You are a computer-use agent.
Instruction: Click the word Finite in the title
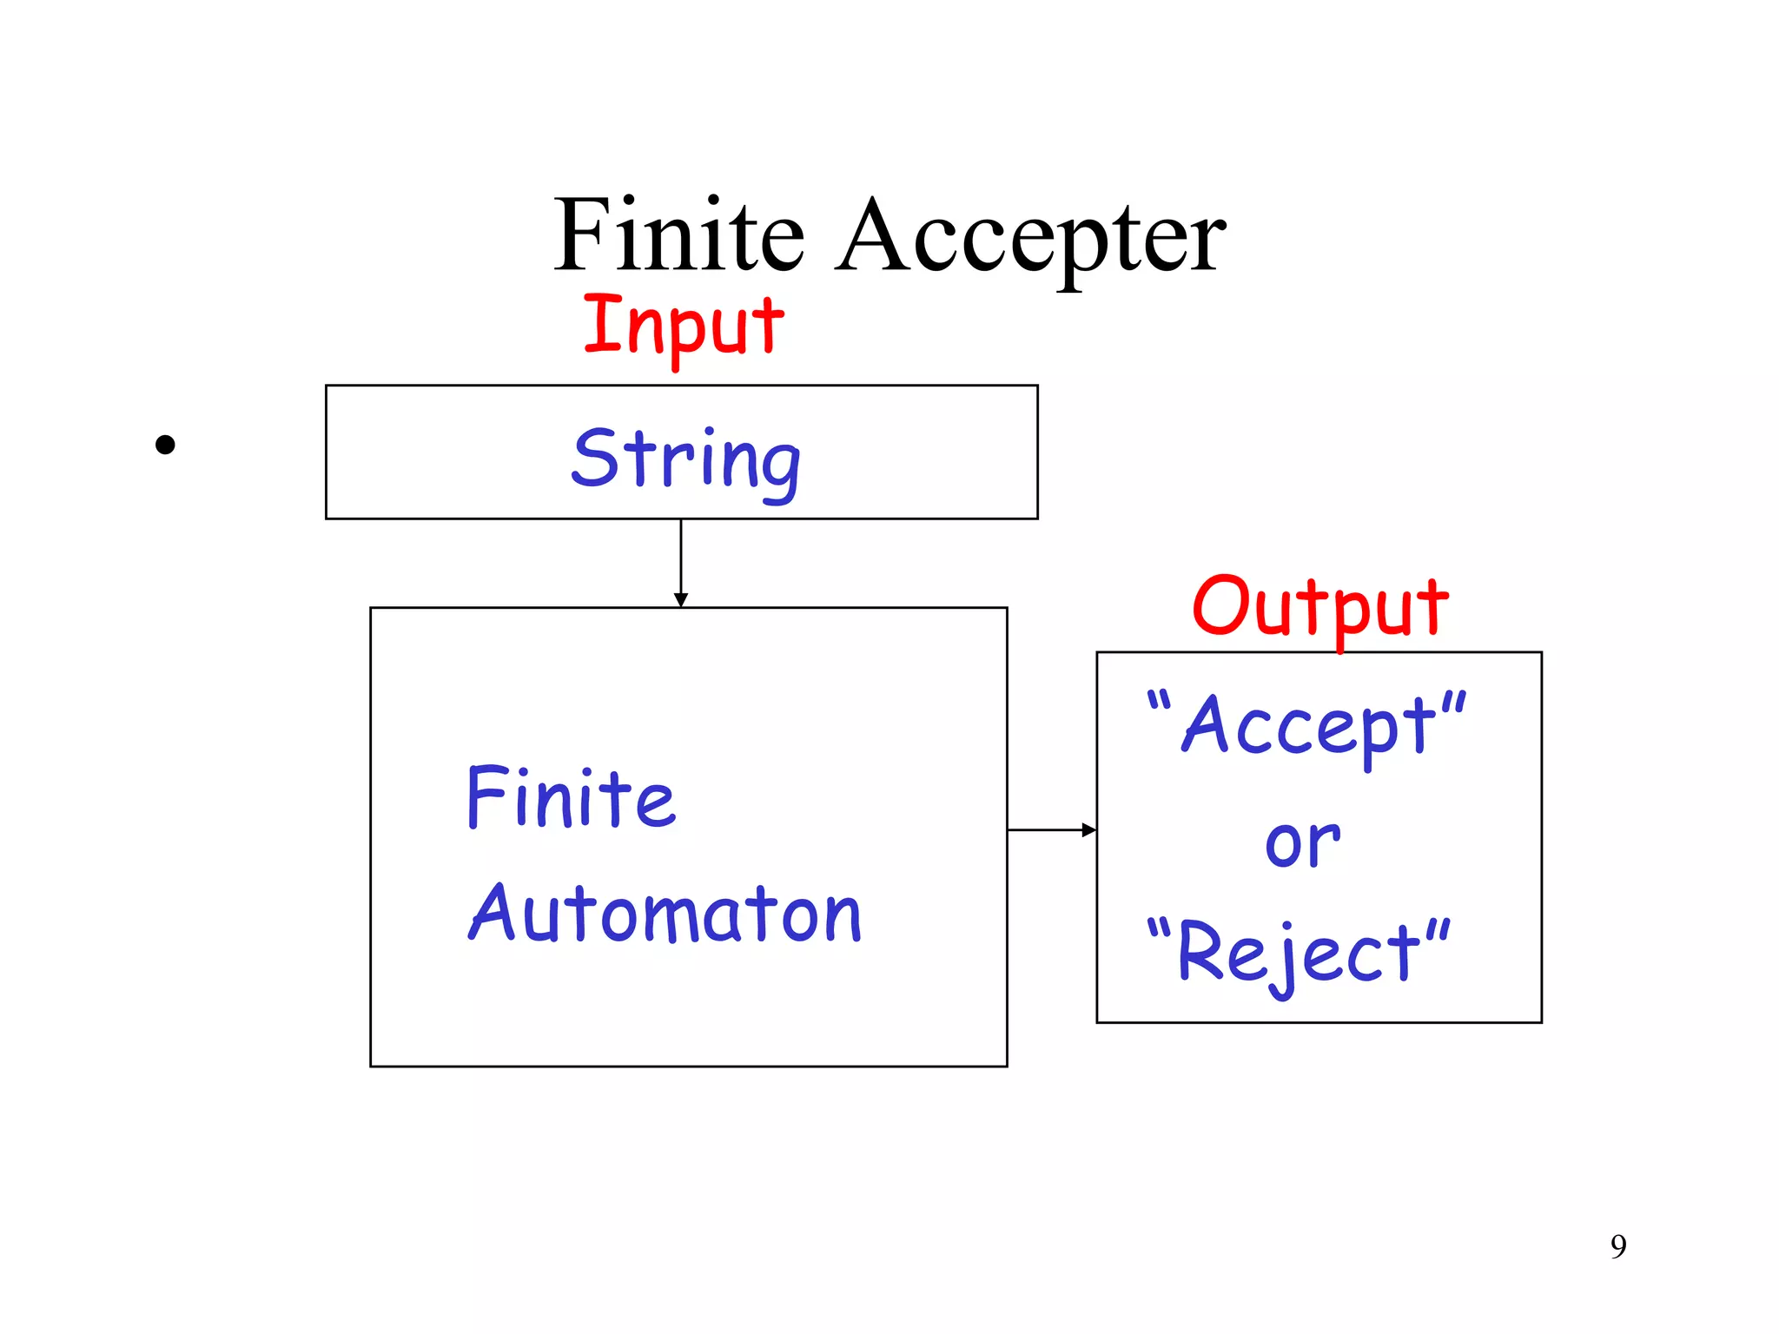[x=679, y=235]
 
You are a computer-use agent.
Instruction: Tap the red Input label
[x=684, y=326]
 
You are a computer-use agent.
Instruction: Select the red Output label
[x=1319, y=608]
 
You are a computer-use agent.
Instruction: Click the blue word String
[x=685, y=460]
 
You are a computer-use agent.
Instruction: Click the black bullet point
[x=165, y=445]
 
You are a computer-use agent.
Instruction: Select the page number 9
[x=1618, y=1246]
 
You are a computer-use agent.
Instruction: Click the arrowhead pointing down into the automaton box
[x=681, y=600]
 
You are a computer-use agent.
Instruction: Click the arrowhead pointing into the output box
[x=1088, y=830]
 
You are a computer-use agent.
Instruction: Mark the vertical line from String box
[x=681, y=556]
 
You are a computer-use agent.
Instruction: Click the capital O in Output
[x=1220, y=605]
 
